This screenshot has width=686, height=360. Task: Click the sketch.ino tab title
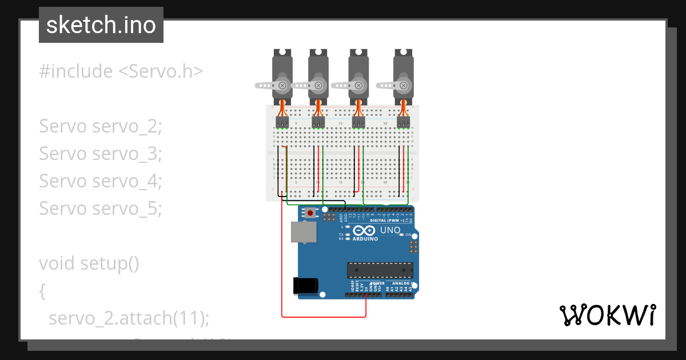click(101, 25)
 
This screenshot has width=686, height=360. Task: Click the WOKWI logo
click(607, 315)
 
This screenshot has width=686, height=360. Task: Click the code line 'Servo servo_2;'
click(101, 126)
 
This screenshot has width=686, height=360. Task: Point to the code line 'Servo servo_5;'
click(101, 209)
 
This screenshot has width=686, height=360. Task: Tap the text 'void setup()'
click(89, 263)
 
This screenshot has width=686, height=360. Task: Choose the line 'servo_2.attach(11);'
click(129, 318)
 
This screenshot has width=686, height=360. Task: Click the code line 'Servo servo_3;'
click(101, 154)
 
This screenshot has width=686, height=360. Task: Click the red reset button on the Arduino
click(310, 213)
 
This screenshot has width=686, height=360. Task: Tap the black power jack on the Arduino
click(304, 286)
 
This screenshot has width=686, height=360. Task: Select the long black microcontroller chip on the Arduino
click(380, 269)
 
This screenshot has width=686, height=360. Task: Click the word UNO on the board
click(390, 230)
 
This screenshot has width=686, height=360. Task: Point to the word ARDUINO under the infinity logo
click(365, 239)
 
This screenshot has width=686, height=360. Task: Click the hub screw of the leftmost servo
click(282, 85)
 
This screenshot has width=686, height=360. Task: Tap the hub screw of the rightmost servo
click(404, 85)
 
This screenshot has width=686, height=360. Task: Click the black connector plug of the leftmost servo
click(282, 122)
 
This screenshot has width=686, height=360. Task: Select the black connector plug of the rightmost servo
click(404, 122)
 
